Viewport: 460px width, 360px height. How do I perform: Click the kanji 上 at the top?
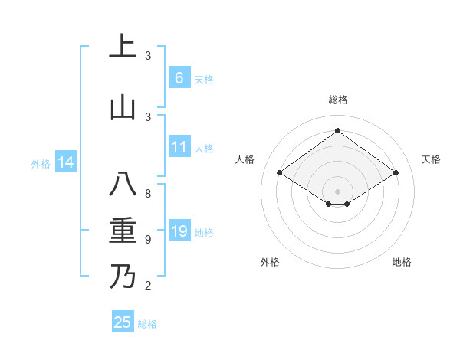(x=122, y=46)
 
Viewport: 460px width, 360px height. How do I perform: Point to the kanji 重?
(x=122, y=231)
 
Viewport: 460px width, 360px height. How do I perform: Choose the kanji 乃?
(x=122, y=277)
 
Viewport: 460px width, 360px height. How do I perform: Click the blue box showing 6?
(x=179, y=77)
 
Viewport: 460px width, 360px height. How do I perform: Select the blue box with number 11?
(x=179, y=147)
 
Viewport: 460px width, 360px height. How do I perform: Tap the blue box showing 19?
(x=179, y=231)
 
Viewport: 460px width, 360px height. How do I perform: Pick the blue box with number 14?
(x=65, y=162)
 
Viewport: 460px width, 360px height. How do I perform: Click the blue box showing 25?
(x=123, y=322)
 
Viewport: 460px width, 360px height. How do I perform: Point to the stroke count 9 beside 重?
(x=148, y=240)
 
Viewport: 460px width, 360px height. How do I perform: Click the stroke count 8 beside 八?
(x=148, y=194)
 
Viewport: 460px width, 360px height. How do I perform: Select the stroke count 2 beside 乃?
(x=148, y=286)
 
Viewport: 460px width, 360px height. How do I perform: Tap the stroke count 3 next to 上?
(x=148, y=55)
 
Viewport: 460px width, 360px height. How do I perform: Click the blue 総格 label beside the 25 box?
(x=147, y=324)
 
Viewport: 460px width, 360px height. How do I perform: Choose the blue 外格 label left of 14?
(x=41, y=163)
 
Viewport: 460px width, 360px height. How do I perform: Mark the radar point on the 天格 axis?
(x=396, y=173)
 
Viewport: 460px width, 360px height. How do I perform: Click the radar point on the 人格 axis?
(x=280, y=173)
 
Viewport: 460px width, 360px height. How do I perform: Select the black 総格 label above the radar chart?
(x=337, y=100)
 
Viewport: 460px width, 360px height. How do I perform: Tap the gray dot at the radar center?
(x=337, y=190)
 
